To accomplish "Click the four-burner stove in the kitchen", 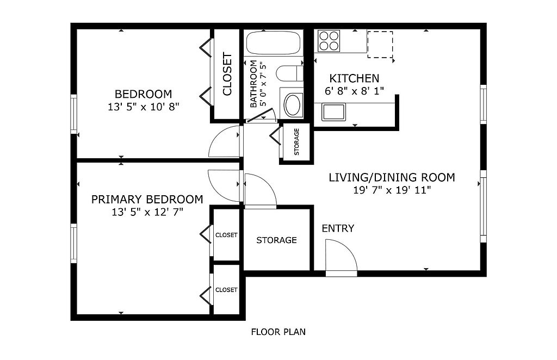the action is click(329, 41).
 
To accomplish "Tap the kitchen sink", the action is click(333, 112).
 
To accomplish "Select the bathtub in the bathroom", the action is click(273, 44).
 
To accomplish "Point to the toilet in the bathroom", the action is click(289, 73).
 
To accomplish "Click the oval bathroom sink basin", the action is click(293, 105).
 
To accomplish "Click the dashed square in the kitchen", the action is click(380, 45).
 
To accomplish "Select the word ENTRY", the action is click(338, 228).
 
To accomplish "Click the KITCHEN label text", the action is click(354, 78).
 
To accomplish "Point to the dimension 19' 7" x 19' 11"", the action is click(392, 190).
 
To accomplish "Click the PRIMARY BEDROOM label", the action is click(147, 199).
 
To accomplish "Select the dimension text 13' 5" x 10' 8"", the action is click(143, 107).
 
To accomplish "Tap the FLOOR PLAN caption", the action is click(278, 332).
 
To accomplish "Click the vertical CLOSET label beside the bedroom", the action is click(227, 74).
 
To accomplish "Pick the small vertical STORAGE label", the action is click(296, 142).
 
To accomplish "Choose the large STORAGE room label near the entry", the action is click(276, 240).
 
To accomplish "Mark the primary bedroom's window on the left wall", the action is click(73, 243).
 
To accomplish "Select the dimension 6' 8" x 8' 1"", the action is click(354, 91).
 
